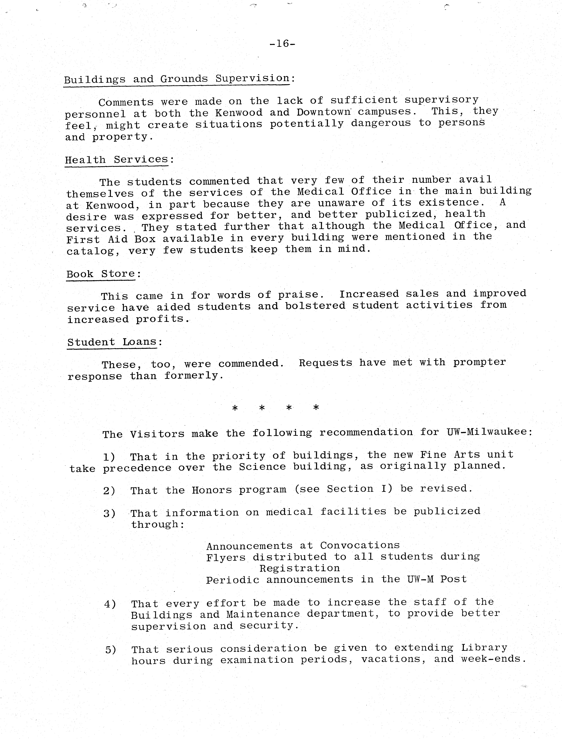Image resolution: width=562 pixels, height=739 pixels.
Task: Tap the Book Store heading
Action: point(101,274)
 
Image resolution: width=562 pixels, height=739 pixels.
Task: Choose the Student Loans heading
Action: point(112,342)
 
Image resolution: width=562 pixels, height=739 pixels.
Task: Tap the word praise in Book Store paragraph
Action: point(298,295)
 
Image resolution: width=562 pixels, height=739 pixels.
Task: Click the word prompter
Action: point(479,362)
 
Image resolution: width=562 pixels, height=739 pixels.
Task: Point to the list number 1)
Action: point(109,457)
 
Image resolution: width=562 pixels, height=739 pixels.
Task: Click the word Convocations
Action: point(360,545)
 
